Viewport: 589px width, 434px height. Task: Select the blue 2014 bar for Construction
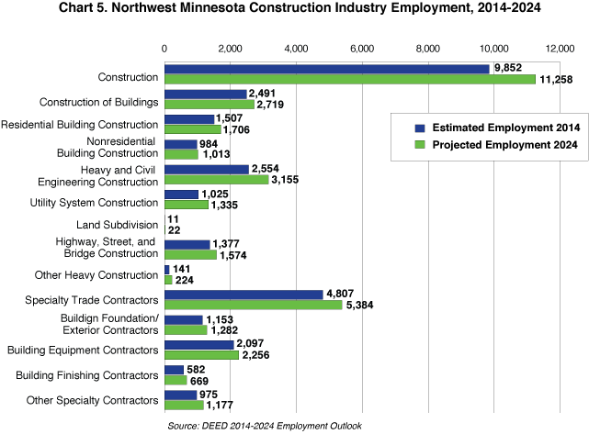[x=326, y=69]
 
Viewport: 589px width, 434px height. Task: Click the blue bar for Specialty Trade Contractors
[x=243, y=295]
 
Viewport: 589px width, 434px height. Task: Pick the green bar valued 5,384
[x=253, y=305]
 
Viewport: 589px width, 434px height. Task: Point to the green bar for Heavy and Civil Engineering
[x=216, y=179]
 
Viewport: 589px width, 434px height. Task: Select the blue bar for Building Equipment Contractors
[x=198, y=344]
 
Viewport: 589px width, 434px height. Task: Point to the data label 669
[x=200, y=380]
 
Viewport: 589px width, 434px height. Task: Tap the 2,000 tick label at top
[x=230, y=48]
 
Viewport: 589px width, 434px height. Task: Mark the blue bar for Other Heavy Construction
[x=166, y=270]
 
